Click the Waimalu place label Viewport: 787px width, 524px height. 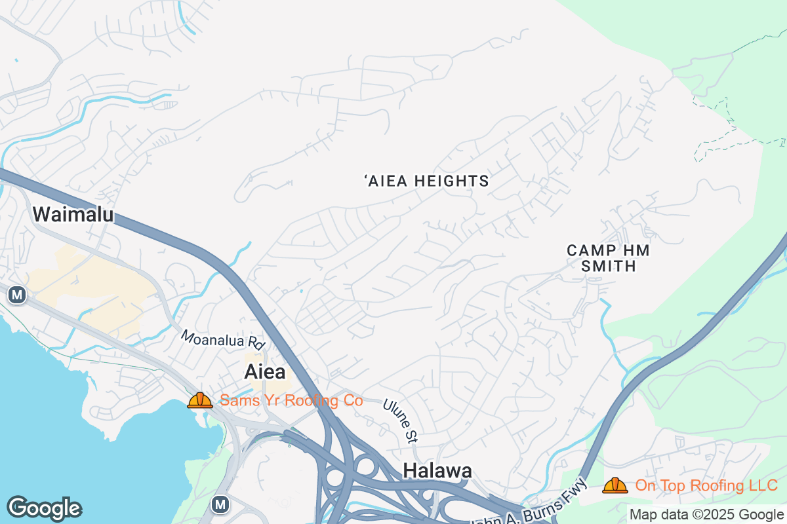(73, 214)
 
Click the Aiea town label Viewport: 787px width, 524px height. (265, 372)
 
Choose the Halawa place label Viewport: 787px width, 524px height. (437, 470)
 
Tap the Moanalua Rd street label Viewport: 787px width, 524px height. (222, 339)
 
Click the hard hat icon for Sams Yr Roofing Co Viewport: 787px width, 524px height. (200, 400)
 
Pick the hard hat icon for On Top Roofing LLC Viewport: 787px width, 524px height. (615, 485)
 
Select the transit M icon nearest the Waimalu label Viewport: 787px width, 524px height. (17, 295)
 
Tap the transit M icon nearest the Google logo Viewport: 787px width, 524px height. (220, 504)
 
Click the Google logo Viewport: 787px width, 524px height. (44, 508)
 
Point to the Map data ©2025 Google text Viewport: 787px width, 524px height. (706, 514)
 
